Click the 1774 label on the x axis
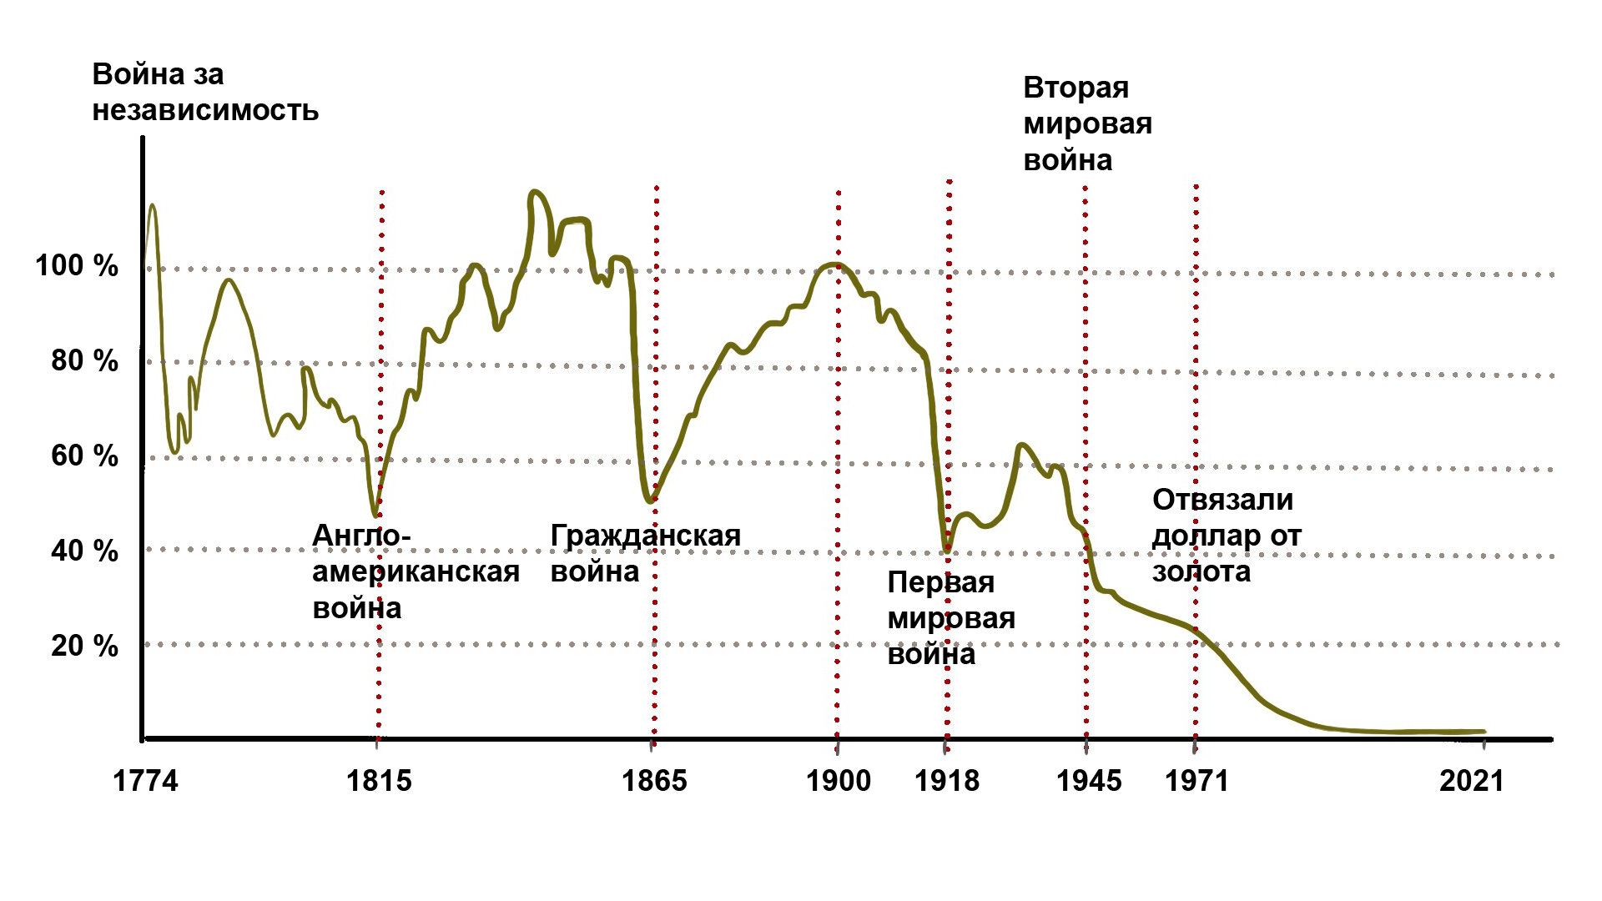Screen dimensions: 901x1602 (145, 781)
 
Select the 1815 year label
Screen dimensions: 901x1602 (379, 781)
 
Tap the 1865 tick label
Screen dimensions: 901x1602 (654, 781)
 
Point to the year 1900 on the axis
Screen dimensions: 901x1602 (838, 781)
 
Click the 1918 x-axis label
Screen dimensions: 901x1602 (946, 781)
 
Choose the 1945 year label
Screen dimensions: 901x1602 (1088, 781)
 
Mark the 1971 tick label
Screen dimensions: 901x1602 (1196, 781)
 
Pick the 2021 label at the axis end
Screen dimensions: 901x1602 (1471, 781)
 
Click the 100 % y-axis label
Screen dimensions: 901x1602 (76, 266)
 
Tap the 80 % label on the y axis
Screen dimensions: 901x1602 (84, 360)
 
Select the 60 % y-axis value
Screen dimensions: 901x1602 (84, 456)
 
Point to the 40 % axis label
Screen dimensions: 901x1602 (84, 551)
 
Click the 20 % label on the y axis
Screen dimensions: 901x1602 (84, 646)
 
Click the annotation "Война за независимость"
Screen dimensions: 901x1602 (204, 92)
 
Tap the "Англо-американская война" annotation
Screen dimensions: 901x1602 (415, 571)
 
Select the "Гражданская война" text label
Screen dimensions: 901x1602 (644, 553)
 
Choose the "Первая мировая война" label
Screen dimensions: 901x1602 (950, 618)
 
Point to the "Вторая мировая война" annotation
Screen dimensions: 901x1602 (1086, 123)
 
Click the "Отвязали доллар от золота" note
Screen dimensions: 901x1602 (1226, 536)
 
